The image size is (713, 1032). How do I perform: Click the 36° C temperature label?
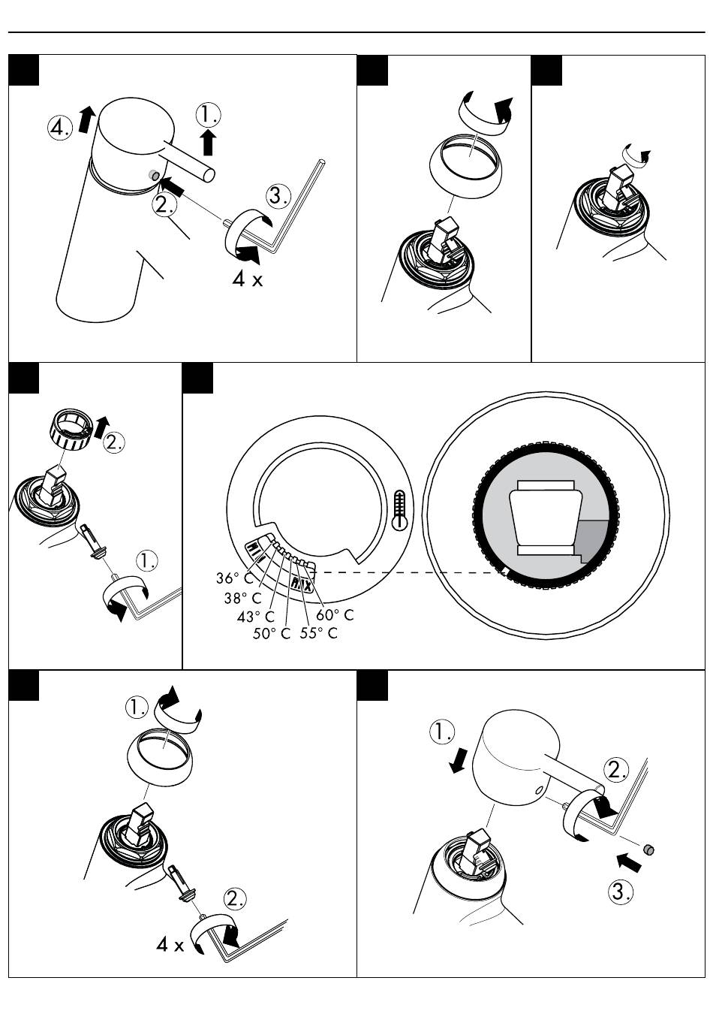click(234, 579)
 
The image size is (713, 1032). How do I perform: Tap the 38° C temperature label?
click(242, 599)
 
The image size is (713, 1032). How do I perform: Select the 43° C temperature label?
click(256, 617)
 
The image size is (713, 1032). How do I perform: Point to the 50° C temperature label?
click(271, 634)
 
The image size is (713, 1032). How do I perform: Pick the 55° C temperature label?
click(319, 633)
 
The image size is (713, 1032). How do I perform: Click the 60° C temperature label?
click(335, 615)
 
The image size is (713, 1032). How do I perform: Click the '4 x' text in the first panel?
click(248, 279)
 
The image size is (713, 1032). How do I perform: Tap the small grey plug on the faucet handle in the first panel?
click(154, 175)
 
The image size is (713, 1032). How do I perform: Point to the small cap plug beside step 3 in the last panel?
click(650, 850)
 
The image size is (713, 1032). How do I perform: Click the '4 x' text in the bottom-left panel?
click(170, 944)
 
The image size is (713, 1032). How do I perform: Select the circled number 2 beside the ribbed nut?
click(114, 442)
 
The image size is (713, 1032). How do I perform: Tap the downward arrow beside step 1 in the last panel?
click(458, 762)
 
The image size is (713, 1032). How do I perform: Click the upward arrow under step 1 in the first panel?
click(209, 141)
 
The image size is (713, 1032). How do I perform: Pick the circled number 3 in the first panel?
click(278, 196)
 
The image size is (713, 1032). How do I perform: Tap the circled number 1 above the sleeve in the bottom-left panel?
click(137, 707)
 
